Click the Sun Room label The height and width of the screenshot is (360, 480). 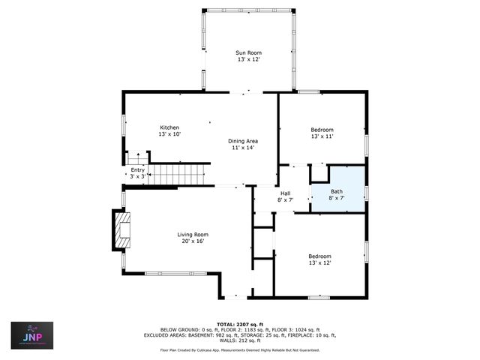point(248,52)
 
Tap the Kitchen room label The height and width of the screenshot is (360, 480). point(170,127)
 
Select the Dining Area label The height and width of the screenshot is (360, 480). point(243,140)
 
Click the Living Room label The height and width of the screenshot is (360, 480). point(191,234)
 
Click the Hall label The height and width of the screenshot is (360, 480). point(286,193)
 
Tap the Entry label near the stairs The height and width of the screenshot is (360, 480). point(137,169)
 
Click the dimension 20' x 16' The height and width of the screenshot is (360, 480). point(191,241)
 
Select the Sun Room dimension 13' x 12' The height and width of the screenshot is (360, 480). point(248,59)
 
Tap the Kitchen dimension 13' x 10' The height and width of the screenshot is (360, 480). point(170,133)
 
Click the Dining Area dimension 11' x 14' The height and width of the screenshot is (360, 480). point(243,147)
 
